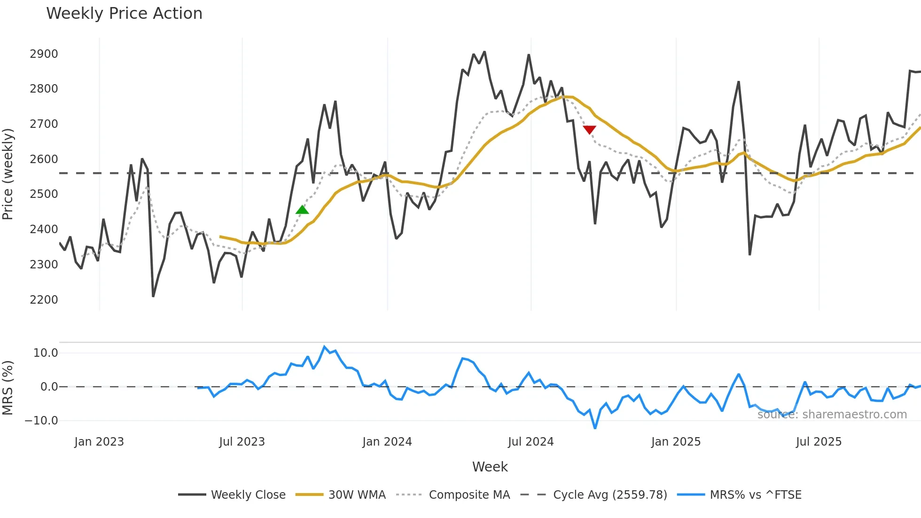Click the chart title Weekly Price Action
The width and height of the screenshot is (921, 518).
click(124, 14)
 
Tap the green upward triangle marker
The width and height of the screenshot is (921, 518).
click(302, 210)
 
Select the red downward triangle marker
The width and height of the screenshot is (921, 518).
click(589, 130)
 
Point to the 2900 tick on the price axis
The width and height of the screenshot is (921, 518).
click(44, 54)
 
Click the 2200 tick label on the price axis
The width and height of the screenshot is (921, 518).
click(44, 299)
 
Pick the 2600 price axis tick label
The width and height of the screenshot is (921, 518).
click(44, 159)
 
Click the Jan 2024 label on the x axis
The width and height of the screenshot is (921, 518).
click(387, 442)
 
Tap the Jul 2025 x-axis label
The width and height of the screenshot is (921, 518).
click(819, 442)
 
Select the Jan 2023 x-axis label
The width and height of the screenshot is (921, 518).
click(99, 442)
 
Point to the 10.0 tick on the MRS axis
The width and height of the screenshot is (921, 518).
click(46, 353)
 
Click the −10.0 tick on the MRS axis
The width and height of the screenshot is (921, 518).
click(41, 421)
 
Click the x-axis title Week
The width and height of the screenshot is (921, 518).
click(490, 467)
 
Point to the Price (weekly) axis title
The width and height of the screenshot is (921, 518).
click(8, 174)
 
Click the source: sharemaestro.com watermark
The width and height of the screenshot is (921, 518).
click(832, 415)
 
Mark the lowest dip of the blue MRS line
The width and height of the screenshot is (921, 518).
click(595, 428)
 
